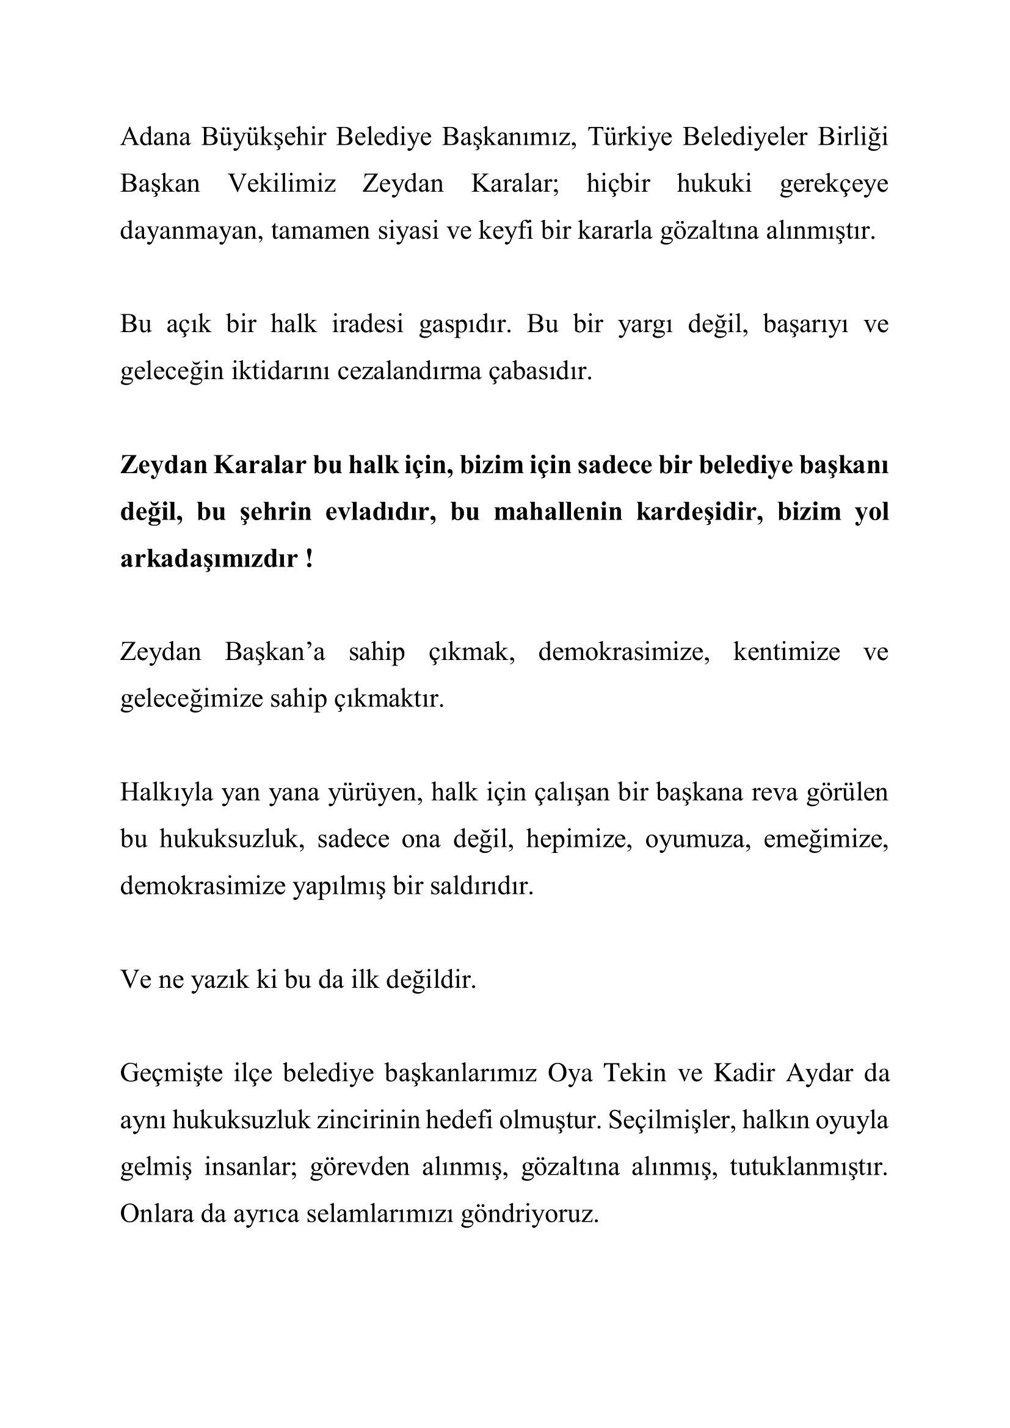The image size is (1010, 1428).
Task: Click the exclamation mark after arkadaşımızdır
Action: click(x=309, y=559)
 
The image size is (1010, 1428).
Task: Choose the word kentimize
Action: click(x=786, y=653)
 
